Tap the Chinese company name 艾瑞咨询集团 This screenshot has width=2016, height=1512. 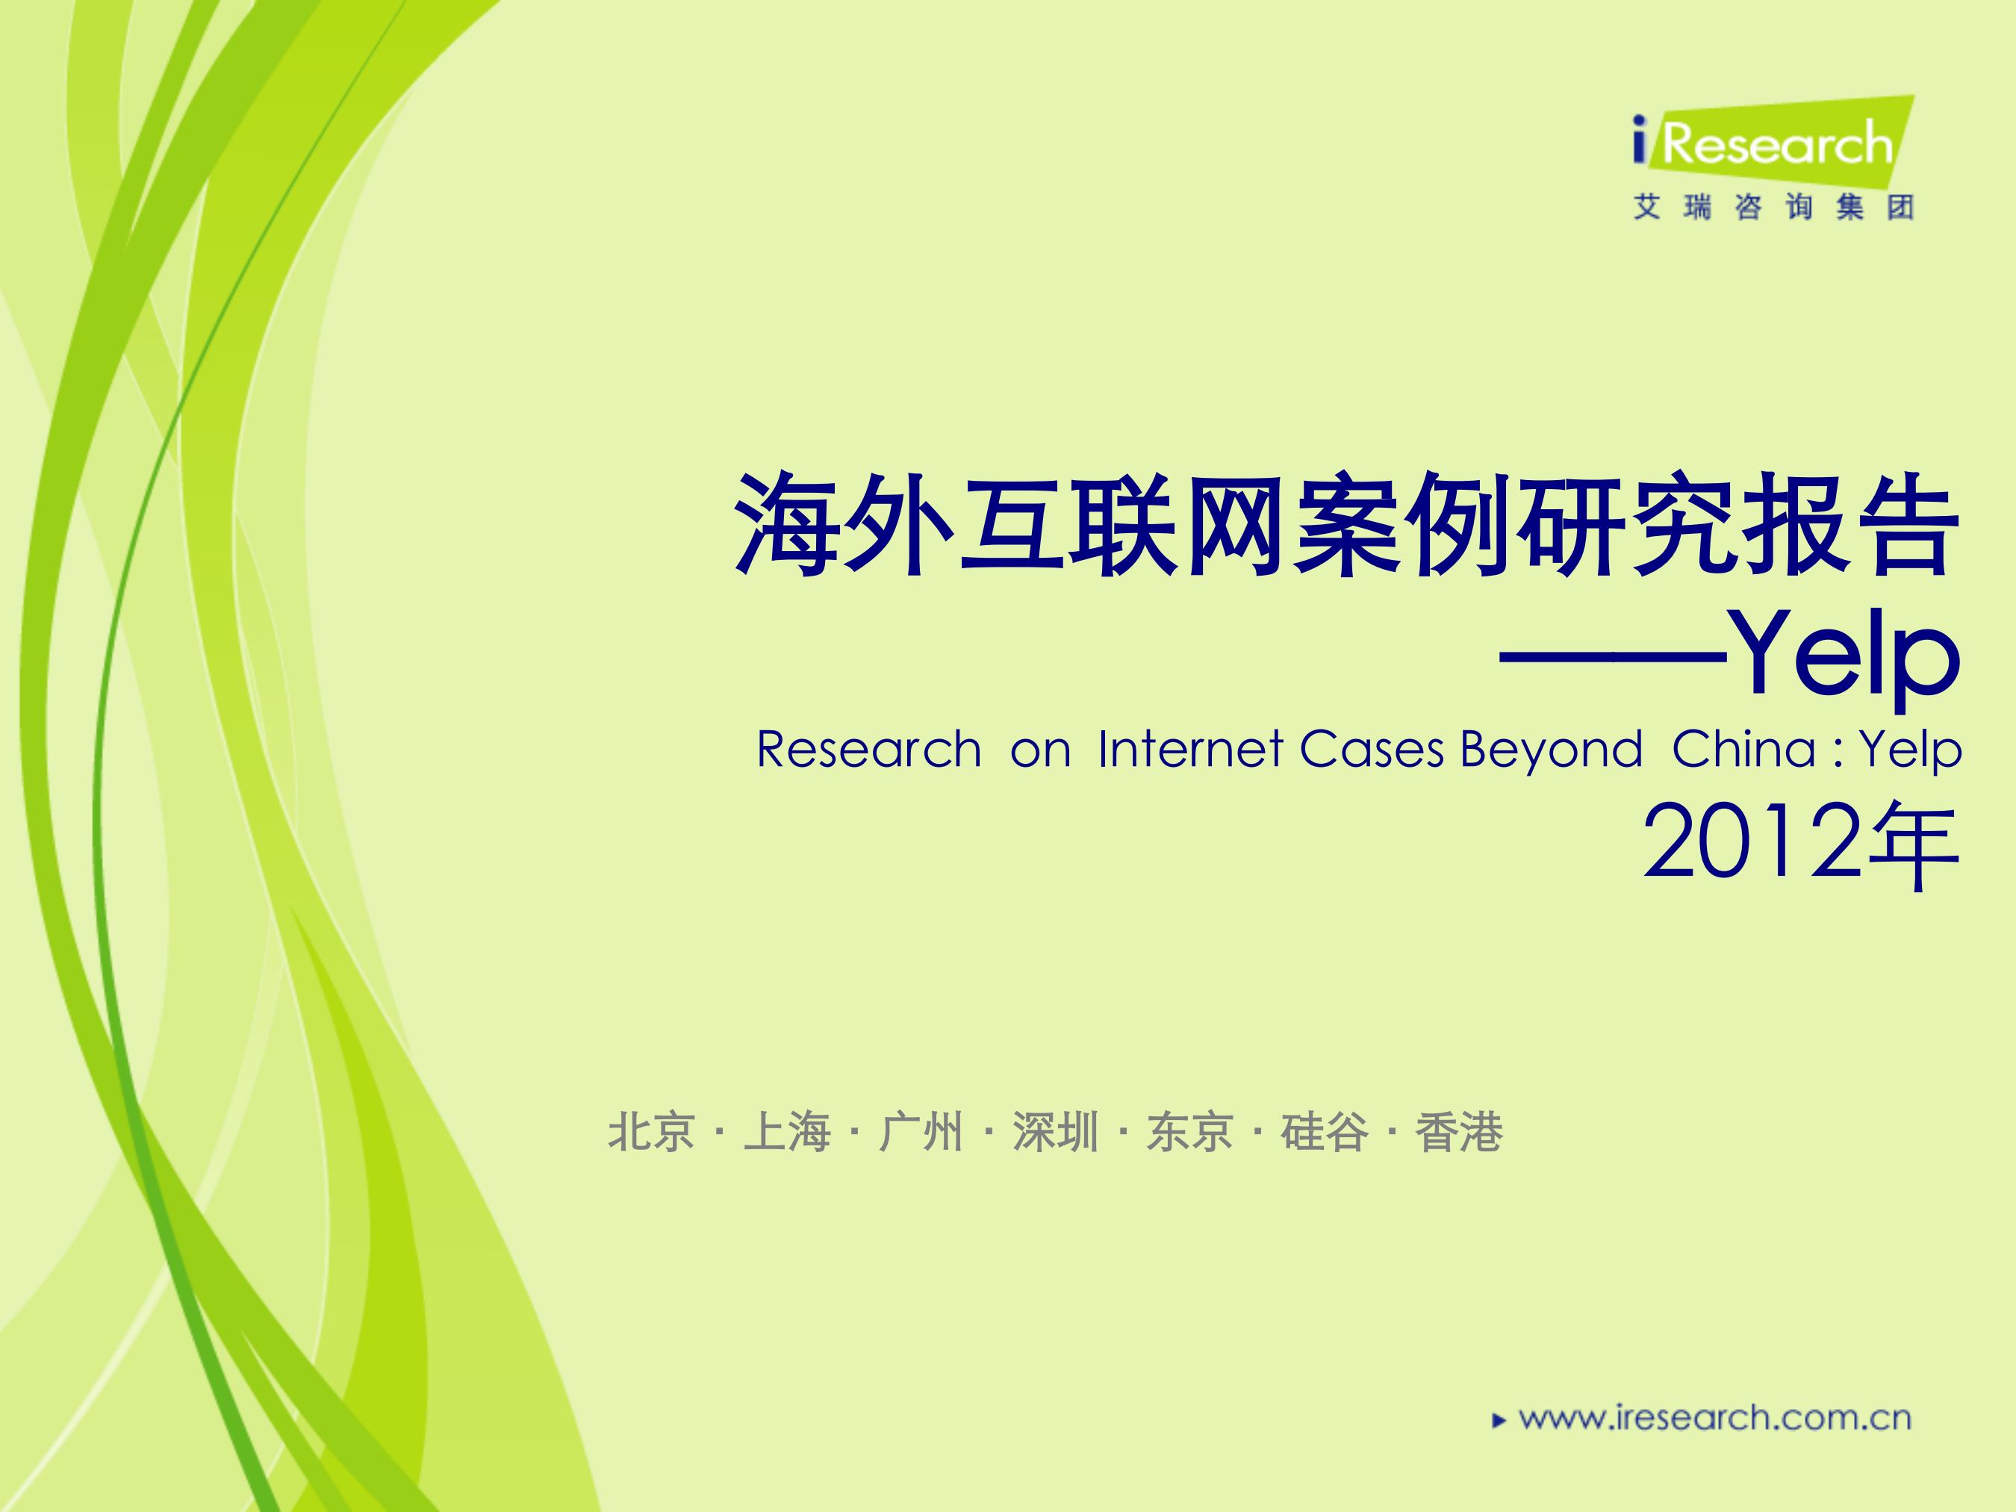1773,208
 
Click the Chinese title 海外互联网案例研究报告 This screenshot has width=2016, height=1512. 1348,525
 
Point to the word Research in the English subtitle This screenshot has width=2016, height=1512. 868,750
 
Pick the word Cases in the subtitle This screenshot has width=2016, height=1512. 1372,750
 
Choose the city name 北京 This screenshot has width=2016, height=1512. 652,1133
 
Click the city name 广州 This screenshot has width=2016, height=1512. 921,1133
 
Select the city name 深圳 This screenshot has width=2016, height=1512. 1055,1133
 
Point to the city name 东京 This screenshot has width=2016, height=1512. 1190,1133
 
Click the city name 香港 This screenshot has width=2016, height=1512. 1459,1133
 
